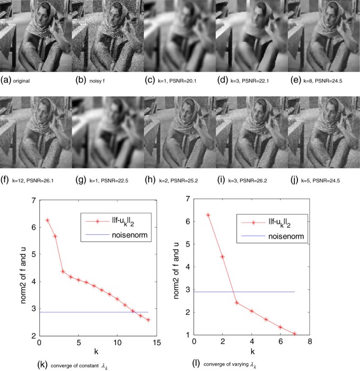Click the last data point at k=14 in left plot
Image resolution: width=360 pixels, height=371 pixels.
pyautogui.click(x=148, y=320)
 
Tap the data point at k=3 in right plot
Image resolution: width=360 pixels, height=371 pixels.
pyautogui.click(x=237, y=303)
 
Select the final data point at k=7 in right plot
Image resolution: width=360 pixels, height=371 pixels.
pyautogui.click(x=295, y=334)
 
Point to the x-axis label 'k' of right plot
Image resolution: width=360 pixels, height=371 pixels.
pyautogui.click(x=252, y=351)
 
